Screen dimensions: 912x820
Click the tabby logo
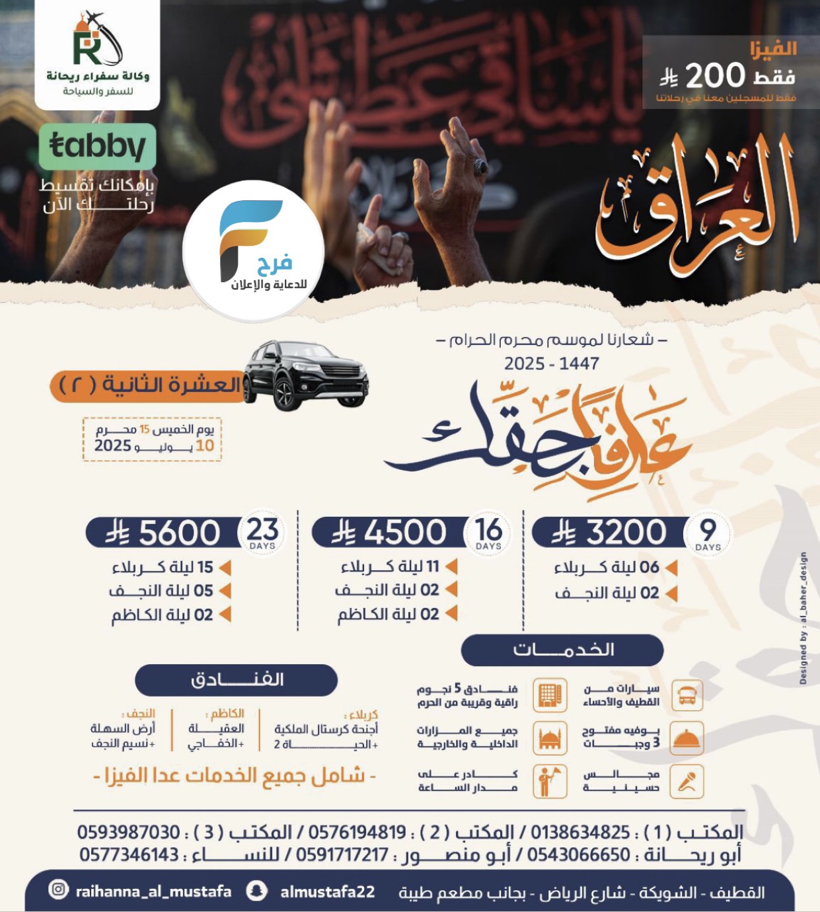click(98, 146)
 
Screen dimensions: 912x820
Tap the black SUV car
click(305, 375)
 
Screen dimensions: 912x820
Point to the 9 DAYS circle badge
click(708, 533)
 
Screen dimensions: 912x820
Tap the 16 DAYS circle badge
click(488, 533)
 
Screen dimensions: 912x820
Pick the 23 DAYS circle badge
click(262, 533)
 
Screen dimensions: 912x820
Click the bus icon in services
click(687, 695)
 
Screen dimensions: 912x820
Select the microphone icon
click(687, 782)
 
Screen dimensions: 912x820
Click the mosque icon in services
click(550, 739)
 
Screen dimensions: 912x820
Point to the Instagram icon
click(58, 890)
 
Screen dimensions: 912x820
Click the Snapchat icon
click(256, 891)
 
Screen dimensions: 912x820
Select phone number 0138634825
click(580, 831)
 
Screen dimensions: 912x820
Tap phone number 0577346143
click(130, 855)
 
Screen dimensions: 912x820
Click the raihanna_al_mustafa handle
click(153, 892)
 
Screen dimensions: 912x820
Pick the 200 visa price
click(716, 77)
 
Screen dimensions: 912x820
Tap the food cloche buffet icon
click(687, 739)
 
